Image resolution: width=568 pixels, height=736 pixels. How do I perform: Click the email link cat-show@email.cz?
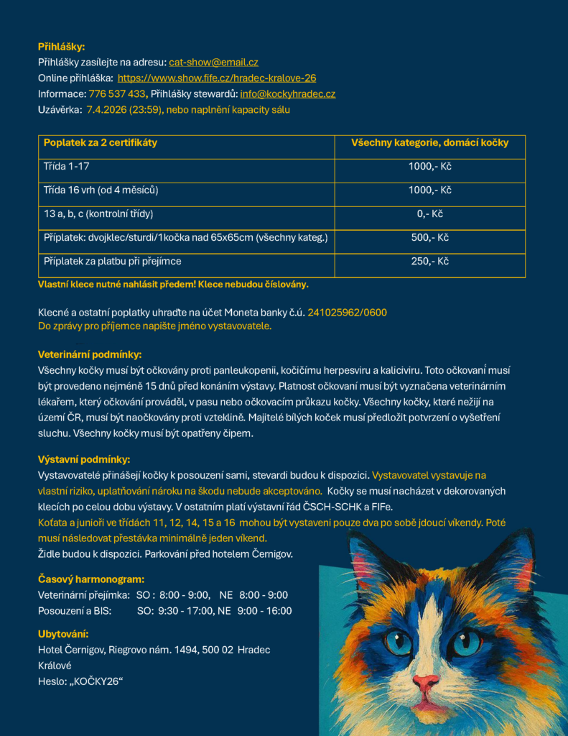213,63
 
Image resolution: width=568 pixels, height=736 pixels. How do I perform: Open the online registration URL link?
217,78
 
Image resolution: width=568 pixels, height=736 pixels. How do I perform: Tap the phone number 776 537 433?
118,94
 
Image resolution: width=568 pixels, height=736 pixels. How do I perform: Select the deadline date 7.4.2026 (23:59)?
124,110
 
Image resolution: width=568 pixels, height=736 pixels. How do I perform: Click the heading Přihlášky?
61,47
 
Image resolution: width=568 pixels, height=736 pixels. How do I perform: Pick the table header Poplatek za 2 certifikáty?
101,143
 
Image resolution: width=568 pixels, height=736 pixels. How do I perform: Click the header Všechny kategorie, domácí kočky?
429,143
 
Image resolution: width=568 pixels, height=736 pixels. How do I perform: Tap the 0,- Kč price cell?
429,214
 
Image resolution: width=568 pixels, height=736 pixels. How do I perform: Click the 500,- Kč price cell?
429,238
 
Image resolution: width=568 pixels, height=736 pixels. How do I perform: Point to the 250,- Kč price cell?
429,262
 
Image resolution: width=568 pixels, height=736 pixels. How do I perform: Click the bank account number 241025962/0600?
348,313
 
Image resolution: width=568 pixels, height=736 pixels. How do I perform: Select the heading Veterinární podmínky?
90,355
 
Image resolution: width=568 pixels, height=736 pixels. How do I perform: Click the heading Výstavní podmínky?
84,459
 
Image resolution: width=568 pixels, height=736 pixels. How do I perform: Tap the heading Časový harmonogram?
91,579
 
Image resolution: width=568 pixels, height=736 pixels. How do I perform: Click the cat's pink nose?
425,683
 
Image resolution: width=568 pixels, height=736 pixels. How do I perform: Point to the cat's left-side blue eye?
398,640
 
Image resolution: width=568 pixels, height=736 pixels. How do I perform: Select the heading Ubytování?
63,634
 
